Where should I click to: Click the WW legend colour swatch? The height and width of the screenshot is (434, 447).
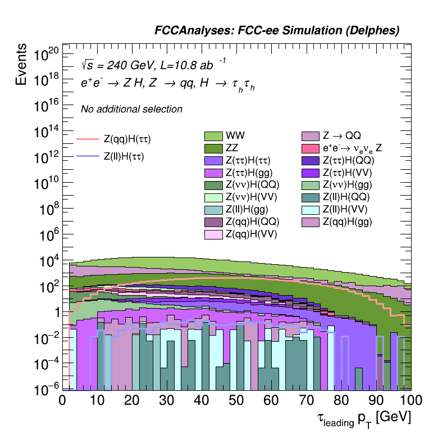click(x=213, y=136)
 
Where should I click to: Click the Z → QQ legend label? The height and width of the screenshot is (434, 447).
click(x=341, y=136)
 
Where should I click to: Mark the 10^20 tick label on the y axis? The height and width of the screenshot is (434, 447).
click(x=47, y=55)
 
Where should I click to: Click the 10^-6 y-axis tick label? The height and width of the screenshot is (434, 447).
click(x=47, y=388)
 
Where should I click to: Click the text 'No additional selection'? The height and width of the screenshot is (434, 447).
click(x=131, y=109)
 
